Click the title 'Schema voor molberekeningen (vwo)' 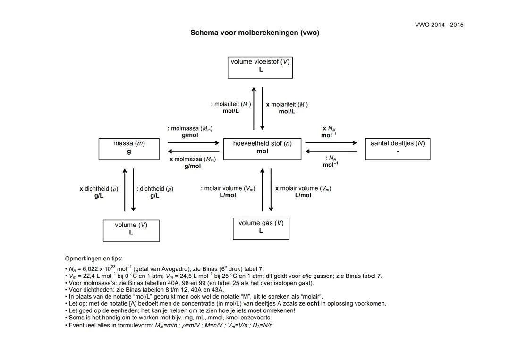[x=255, y=33]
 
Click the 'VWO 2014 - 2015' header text [x=439, y=25]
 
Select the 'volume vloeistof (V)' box [x=260, y=67]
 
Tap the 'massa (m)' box [x=129, y=149]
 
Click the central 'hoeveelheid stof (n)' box [x=262, y=149]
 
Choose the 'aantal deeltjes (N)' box [x=398, y=149]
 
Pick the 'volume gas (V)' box [x=261, y=228]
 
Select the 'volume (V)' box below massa [x=131, y=230]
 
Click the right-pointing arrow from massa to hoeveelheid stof [x=194, y=142]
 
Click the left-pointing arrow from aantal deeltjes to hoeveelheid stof [x=331, y=151]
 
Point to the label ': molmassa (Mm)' [x=190, y=128]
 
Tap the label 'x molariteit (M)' [x=287, y=104]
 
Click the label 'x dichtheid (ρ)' [x=99, y=189]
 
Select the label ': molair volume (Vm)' [x=228, y=188]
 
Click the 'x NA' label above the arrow [x=329, y=128]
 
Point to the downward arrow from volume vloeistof [x=263, y=108]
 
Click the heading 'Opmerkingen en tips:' [x=93, y=259]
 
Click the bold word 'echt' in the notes [x=313, y=303]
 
